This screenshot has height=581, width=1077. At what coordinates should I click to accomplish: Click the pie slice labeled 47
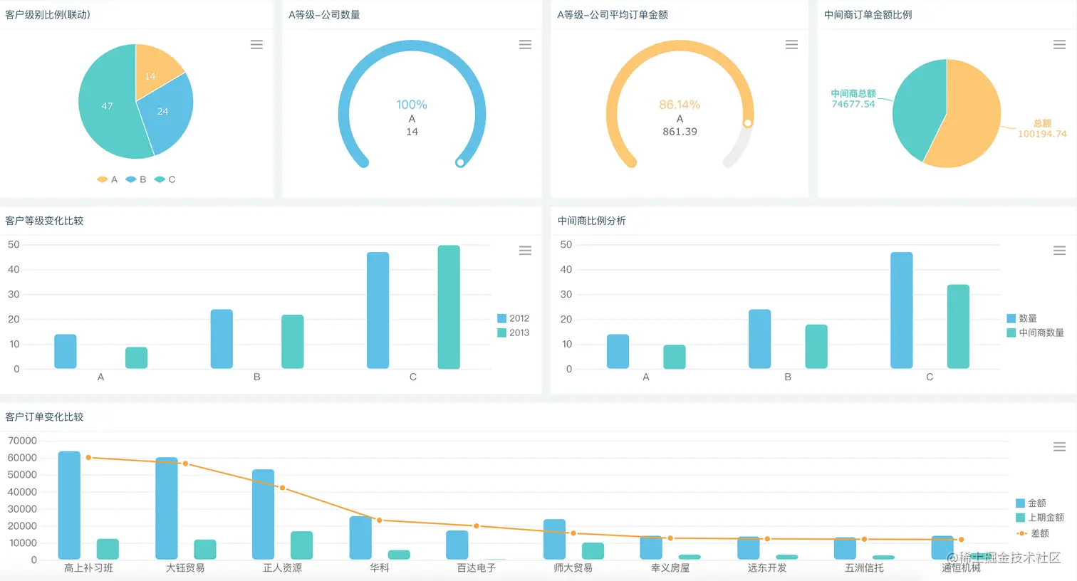[x=108, y=106]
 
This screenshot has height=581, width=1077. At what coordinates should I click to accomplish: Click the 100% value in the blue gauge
[x=412, y=105]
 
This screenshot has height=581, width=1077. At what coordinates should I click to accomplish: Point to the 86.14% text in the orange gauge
[x=680, y=105]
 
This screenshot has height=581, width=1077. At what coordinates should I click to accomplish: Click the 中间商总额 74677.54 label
[x=853, y=99]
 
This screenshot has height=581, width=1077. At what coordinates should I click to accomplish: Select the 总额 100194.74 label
[x=1041, y=129]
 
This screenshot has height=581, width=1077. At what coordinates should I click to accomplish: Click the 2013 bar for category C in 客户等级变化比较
[x=449, y=307]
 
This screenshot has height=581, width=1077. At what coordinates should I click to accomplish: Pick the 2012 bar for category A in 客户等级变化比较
[x=66, y=351]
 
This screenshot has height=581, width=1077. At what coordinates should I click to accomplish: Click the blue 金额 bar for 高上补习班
[x=69, y=505]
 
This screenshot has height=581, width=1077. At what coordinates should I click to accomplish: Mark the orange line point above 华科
[x=380, y=520]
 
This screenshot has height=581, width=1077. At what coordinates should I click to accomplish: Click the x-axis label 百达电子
[x=476, y=568]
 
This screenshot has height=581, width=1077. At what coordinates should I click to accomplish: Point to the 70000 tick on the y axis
[x=22, y=441]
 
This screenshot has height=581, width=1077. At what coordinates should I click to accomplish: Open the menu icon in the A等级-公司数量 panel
[x=525, y=44]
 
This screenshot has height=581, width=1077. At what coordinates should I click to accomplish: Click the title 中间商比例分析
[x=591, y=221]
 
